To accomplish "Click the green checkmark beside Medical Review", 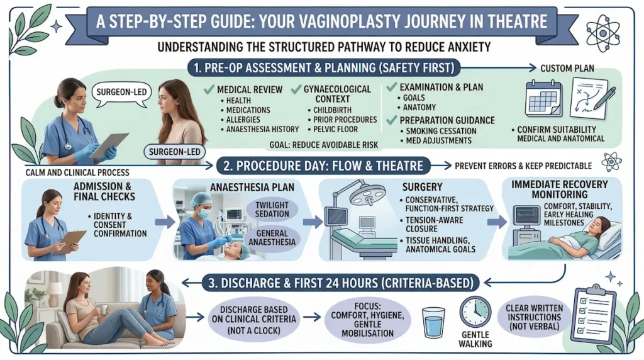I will coord(210,89).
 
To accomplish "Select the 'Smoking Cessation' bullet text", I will coord(441,131).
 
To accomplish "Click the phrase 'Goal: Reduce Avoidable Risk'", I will coord(325,145).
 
